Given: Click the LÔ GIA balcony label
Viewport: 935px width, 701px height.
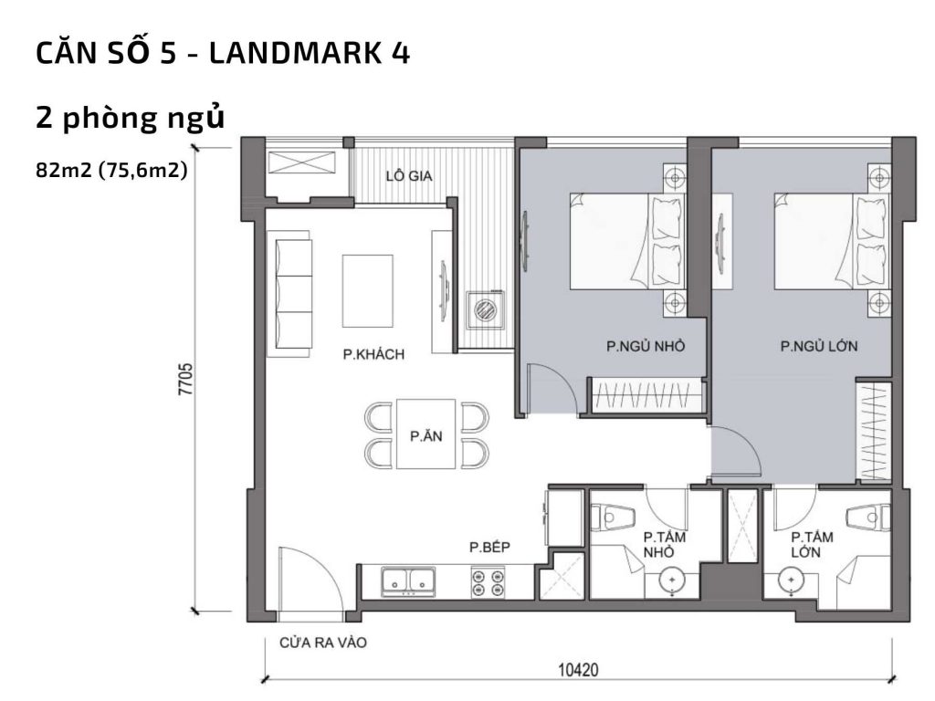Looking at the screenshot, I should click(x=408, y=176).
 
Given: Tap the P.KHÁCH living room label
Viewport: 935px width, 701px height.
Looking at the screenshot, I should click(x=373, y=354).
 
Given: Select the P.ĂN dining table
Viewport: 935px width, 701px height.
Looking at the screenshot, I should click(x=425, y=434).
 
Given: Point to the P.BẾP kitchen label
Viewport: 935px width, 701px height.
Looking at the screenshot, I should click(x=489, y=548).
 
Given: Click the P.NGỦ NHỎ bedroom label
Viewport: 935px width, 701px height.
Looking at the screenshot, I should click(x=646, y=347).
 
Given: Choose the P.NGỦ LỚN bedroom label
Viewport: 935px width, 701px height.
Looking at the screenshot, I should click(x=819, y=347).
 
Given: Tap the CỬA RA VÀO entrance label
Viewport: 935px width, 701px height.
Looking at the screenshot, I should click(x=322, y=643).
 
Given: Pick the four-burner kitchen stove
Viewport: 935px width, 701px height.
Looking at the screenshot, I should click(x=489, y=582).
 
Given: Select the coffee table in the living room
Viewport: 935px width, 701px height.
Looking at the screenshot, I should click(x=367, y=290).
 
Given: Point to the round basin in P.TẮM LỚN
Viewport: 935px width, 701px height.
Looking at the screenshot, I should click(x=788, y=580).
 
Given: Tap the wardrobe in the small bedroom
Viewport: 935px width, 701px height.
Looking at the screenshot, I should click(x=645, y=396).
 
